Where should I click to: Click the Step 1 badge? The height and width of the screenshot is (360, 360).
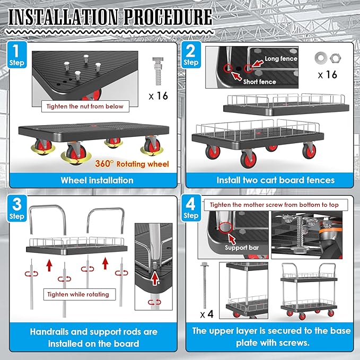[17, 55]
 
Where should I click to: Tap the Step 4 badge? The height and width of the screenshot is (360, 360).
[191, 208]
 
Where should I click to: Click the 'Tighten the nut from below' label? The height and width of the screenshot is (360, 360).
[85, 106]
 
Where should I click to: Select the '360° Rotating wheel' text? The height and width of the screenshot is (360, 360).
[132, 164]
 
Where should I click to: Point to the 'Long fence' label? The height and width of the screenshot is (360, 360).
[281, 59]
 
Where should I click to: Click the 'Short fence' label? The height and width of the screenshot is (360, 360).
[259, 82]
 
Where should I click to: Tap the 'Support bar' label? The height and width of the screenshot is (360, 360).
[242, 248]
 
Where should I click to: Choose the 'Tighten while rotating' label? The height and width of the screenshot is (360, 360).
[78, 294]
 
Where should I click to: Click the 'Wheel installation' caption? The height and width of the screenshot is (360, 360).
[97, 180]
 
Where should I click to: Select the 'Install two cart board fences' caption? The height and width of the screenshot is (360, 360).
[276, 180]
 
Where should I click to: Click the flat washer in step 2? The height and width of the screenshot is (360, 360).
[321, 58]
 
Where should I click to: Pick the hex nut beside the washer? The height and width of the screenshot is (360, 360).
[335, 58]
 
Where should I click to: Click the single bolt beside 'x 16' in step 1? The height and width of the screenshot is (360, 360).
[157, 71]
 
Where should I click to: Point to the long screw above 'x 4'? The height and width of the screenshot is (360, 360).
[204, 285]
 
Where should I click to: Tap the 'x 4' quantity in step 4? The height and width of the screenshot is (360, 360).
[207, 314]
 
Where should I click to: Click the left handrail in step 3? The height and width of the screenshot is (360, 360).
[48, 219]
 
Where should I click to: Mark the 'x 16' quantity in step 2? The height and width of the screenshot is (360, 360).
[328, 75]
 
